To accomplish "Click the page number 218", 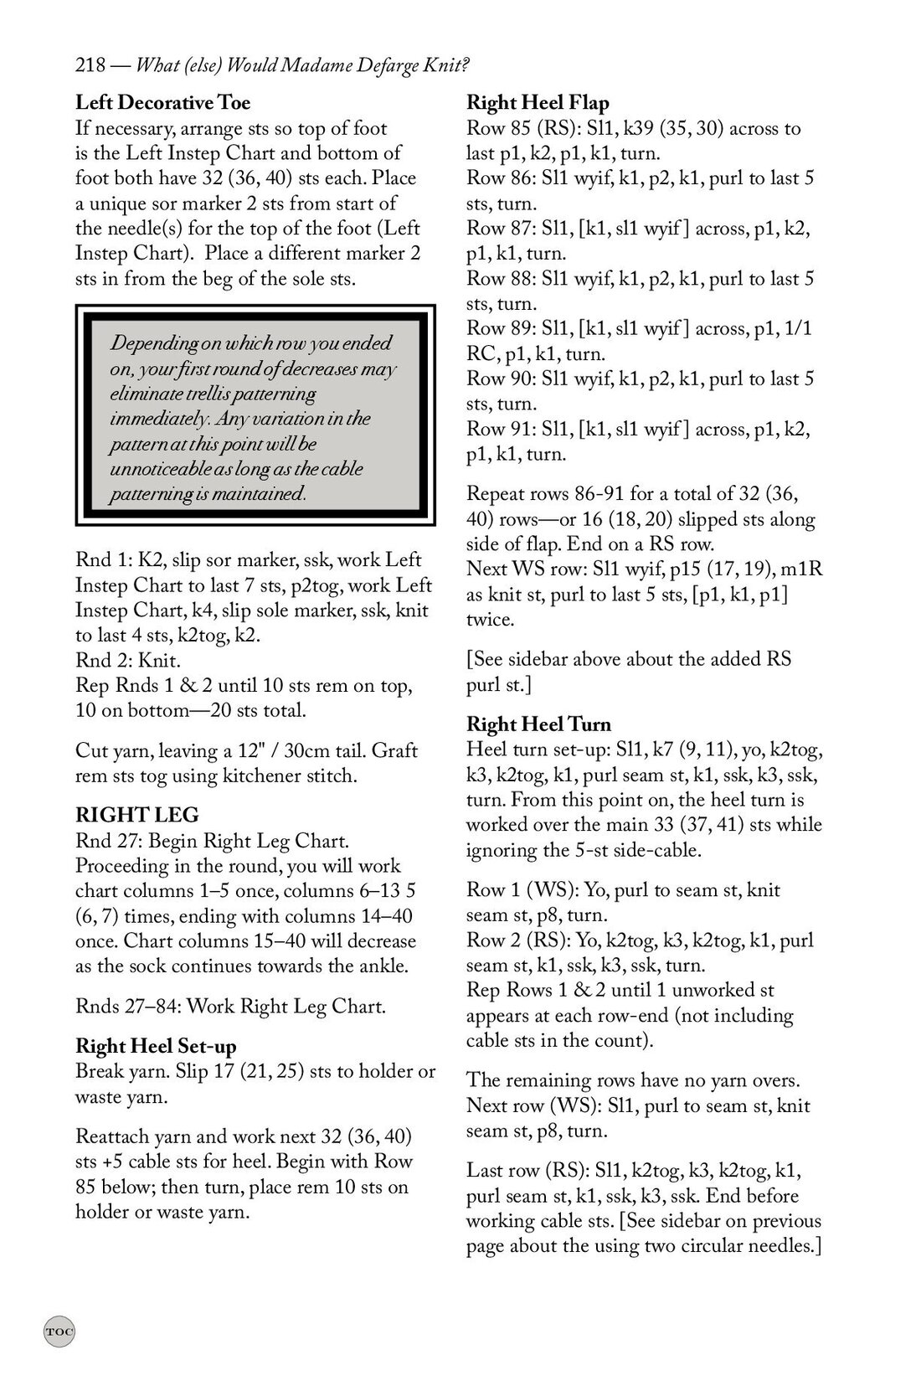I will [90, 64].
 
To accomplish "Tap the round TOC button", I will [59, 1331].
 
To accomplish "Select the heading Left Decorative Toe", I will [162, 103].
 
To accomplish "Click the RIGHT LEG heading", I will [136, 815].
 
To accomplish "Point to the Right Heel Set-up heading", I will [156, 1046].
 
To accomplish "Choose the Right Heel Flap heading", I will [538, 103].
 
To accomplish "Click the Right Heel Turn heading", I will [538, 724].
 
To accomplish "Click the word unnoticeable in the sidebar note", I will [163, 469].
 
